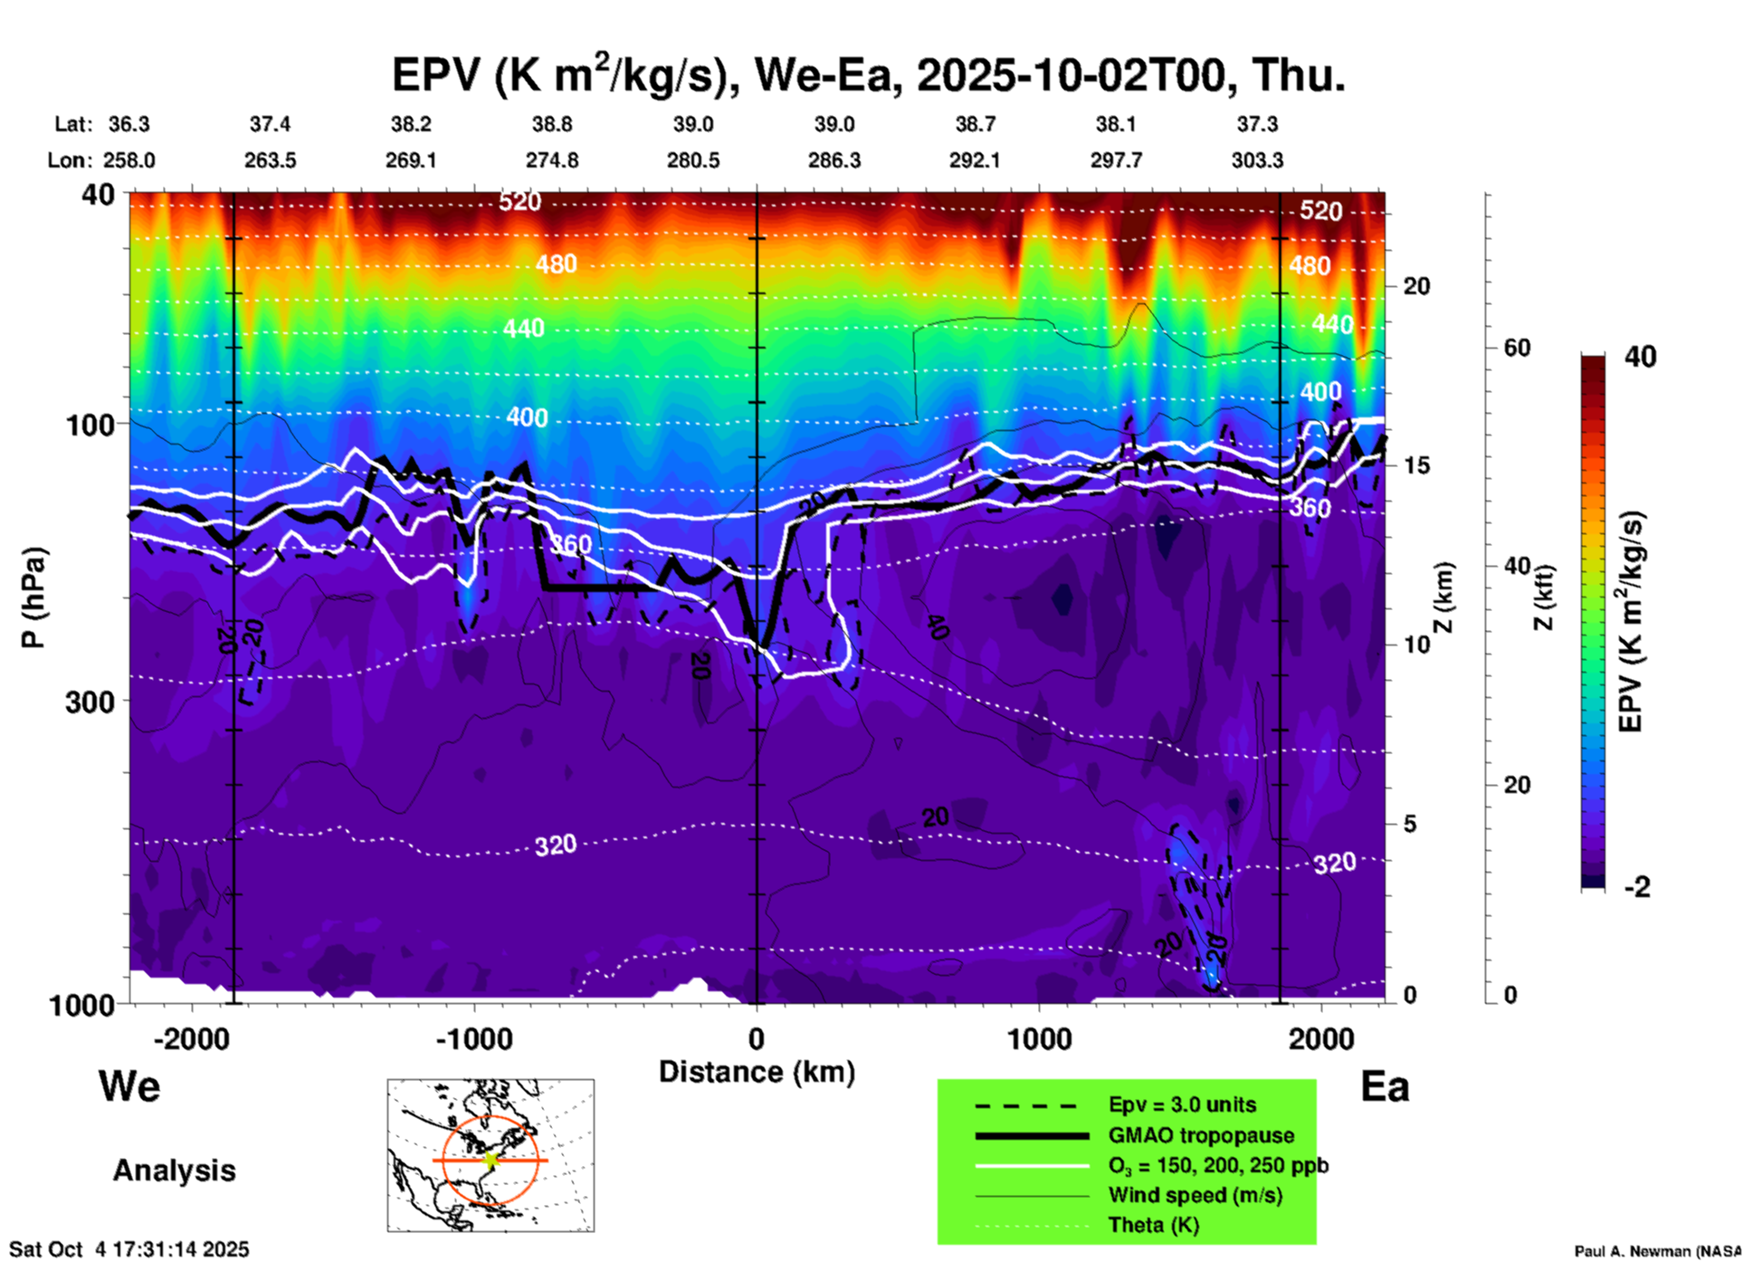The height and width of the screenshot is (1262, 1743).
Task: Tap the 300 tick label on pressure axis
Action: [x=90, y=702]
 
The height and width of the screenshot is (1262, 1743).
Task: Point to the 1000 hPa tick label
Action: [x=80, y=1005]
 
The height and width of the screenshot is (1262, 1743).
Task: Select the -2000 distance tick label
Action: [x=191, y=1039]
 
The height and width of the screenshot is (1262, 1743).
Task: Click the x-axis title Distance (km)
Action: [x=757, y=1072]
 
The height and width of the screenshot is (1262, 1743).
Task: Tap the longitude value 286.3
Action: [x=833, y=161]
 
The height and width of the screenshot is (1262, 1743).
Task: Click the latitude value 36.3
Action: [x=129, y=124]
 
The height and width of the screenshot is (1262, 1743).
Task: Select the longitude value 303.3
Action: [x=1257, y=161]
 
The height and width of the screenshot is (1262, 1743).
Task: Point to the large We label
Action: [x=129, y=1086]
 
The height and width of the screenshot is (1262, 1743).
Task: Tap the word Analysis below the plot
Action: [x=174, y=1171]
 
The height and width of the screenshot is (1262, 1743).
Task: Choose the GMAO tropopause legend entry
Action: [x=1200, y=1135]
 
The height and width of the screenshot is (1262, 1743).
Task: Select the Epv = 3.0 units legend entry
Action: [x=1181, y=1105]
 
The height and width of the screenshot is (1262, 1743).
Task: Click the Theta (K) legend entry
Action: [x=1153, y=1226]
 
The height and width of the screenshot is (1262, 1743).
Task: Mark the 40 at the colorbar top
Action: [x=1640, y=357]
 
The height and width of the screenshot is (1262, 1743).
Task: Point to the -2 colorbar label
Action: [x=1636, y=886]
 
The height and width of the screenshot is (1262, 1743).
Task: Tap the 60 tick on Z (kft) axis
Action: [x=1517, y=348]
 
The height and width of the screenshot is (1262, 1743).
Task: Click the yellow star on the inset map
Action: [x=491, y=1160]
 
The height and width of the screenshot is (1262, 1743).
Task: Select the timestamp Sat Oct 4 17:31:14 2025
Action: [x=129, y=1249]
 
